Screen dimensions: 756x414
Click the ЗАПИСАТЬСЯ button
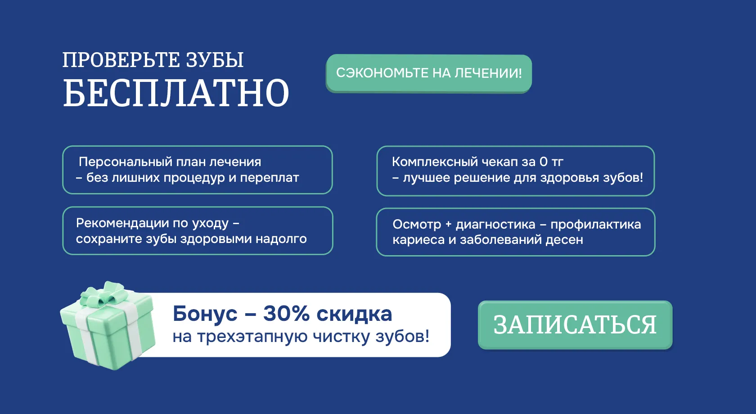tap(575, 325)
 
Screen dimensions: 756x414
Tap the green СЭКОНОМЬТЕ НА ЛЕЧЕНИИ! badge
tap(428, 73)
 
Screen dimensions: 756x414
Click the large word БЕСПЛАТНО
tap(176, 93)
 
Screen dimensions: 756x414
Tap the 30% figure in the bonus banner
tap(286, 314)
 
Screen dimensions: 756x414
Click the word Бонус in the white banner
tap(205, 314)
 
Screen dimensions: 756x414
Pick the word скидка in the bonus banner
tap(355, 314)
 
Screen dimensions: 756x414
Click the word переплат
tap(269, 178)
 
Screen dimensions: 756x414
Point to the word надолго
tap(281, 239)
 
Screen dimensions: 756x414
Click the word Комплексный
tap(434, 162)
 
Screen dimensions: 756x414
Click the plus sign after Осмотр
tap(448, 225)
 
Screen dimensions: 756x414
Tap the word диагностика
tap(495, 225)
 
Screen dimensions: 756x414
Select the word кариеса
tap(418, 240)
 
